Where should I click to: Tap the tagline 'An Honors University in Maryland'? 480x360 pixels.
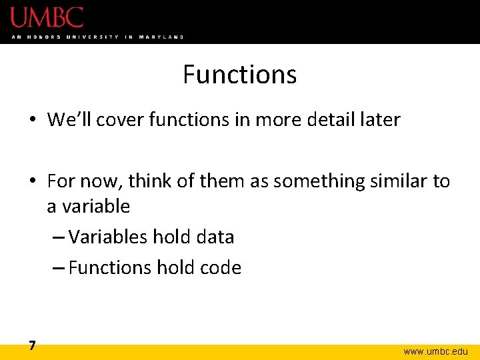[97, 37]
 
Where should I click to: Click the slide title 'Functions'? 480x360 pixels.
[239, 74]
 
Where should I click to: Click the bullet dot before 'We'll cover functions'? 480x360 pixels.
[32, 121]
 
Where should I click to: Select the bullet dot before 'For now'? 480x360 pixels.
[32, 181]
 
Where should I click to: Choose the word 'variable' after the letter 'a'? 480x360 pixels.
[97, 207]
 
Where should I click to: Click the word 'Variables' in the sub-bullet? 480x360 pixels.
[108, 237]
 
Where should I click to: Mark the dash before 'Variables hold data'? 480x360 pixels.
[59, 237]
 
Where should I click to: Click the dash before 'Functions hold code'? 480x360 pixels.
[59, 268]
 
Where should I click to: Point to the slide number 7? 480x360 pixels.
[32, 345]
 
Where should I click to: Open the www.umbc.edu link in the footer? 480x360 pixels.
[436, 351]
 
